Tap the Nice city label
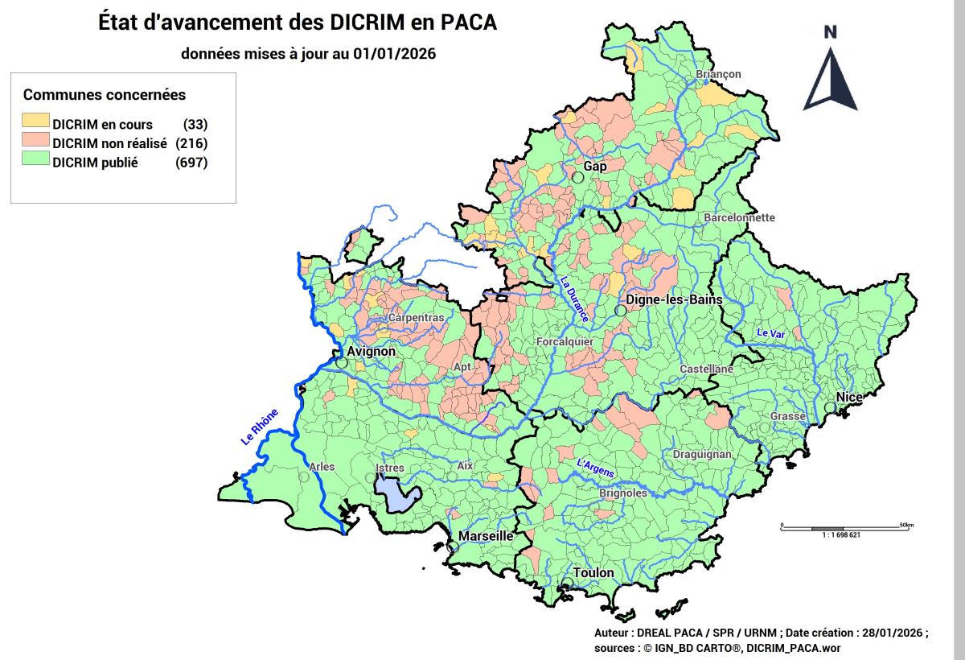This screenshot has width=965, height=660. coord(849,397)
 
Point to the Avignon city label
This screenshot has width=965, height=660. coord(371,352)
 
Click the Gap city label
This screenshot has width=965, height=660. coord(595,166)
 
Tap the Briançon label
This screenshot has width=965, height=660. coord(718,74)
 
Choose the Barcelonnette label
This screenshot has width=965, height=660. coord(739,217)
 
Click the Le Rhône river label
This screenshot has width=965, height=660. coord(259,427)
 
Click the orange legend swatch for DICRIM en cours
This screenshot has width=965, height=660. coord(35,124)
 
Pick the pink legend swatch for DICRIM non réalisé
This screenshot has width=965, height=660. coord(35,143)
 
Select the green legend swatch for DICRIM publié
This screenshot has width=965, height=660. coord(35,163)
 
